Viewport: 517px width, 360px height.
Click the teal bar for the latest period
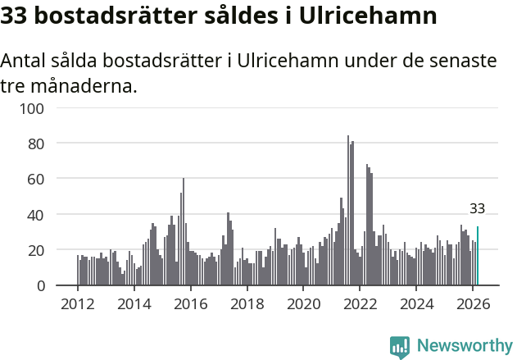click(478, 257)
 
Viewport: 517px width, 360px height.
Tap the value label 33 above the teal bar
click(478, 208)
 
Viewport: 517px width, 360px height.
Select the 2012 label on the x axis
click(78, 304)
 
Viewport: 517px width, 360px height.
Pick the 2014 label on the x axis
click(134, 304)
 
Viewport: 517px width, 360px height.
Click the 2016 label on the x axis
click(191, 304)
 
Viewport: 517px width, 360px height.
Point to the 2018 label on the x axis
click(247, 304)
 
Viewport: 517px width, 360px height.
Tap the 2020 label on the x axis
click(303, 304)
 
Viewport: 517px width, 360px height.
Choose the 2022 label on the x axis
click(360, 304)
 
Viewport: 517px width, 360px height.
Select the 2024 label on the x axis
click(416, 304)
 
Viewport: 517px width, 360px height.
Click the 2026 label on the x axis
click(473, 304)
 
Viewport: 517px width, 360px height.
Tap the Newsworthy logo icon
click(400, 347)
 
